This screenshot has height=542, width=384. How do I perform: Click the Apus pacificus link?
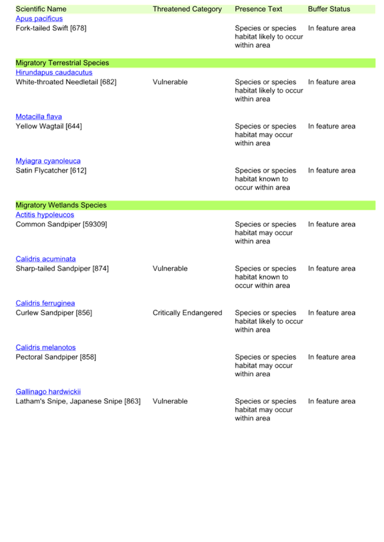pyautogui.click(x=39, y=19)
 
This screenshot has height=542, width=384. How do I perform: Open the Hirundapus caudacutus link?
pyautogui.click(x=54, y=73)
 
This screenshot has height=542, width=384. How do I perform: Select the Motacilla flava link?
pyautogui.click(x=39, y=117)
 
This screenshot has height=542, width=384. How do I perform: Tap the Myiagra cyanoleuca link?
pyautogui.click(x=48, y=161)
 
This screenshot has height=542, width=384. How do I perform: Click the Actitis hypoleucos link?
pyautogui.click(x=45, y=215)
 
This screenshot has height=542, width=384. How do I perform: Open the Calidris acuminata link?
pyautogui.click(x=45, y=259)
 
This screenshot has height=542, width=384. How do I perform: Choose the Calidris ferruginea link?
pyautogui.click(x=45, y=304)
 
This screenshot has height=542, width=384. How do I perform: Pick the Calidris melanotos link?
pyautogui.click(x=45, y=348)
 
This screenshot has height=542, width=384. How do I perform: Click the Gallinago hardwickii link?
pyautogui.click(x=48, y=392)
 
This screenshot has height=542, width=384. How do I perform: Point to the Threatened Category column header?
pyautogui.click(x=188, y=10)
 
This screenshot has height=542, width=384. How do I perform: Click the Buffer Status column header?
pyautogui.click(x=329, y=9)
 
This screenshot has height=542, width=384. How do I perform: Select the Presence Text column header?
pyautogui.click(x=259, y=9)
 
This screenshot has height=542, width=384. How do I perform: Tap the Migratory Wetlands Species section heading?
pyautogui.click(x=61, y=205)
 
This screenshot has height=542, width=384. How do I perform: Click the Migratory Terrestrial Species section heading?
pyautogui.click(x=62, y=63)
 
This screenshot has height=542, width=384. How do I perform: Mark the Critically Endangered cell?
pyautogui.click(x=188, y=313)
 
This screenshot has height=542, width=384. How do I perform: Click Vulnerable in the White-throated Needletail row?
pyautogui.click(x=170, y=82)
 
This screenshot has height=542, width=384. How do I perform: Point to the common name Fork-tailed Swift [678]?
pyautogui.click(x=51, y=28)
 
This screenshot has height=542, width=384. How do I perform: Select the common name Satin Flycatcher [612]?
pyautogui.click(x=51, y=171)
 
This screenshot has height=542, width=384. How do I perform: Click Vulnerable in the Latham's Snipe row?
pyautogui.click(x=170, y=401)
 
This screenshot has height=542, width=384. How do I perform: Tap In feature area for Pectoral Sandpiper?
pyautogui.click(x=332, y=357)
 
